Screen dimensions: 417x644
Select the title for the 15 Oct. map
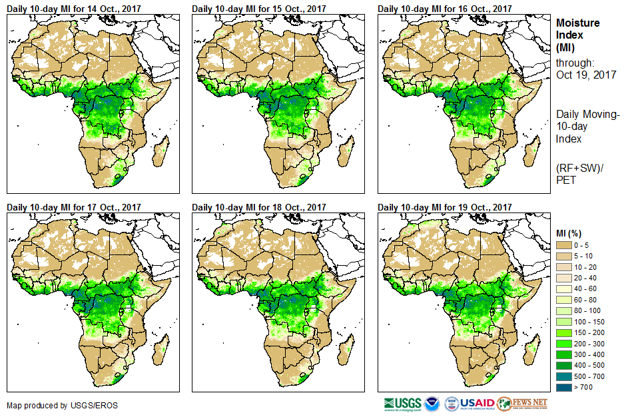[x=259, y=8]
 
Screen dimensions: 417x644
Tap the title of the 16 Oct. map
[x=445, y=8]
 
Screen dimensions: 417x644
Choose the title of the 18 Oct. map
[x=259, y=207]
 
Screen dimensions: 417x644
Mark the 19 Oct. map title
[x=445, y=207]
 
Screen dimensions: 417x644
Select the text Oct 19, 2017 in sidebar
[x=586, y=75]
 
